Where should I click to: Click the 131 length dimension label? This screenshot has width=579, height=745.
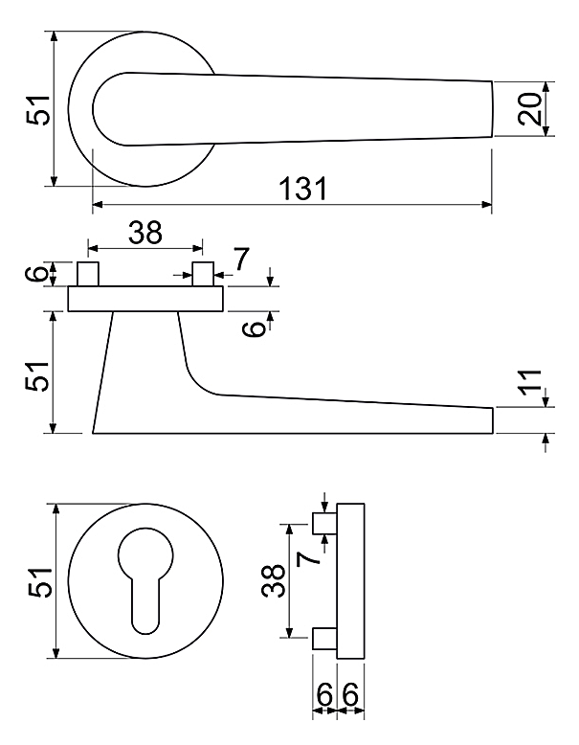pyautogui.click(x=303, y=188)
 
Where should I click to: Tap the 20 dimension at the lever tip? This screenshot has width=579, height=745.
pyautogui.click(x=530, y=109)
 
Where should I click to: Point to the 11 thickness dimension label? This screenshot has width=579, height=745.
pyautogui.click(x=530, y=381)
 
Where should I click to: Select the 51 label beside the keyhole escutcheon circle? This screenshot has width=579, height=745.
pyautogui.click(x=38, y=581)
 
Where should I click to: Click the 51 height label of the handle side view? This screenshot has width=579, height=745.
pyautogui.click(x=37, y=376)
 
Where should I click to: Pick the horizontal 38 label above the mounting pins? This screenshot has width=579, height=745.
pyautogui.click(x=145, y=233)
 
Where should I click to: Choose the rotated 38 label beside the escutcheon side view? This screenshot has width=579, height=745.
pyautogui.click(x=273, y=580)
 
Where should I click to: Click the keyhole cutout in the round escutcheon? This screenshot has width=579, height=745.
pyautogui.click(x=145, y=580)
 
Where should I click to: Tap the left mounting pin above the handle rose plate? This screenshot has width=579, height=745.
pyautogui.click(x=88, y=274)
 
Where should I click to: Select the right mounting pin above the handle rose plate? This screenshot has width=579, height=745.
pyautogui.click(x=203, y=274)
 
